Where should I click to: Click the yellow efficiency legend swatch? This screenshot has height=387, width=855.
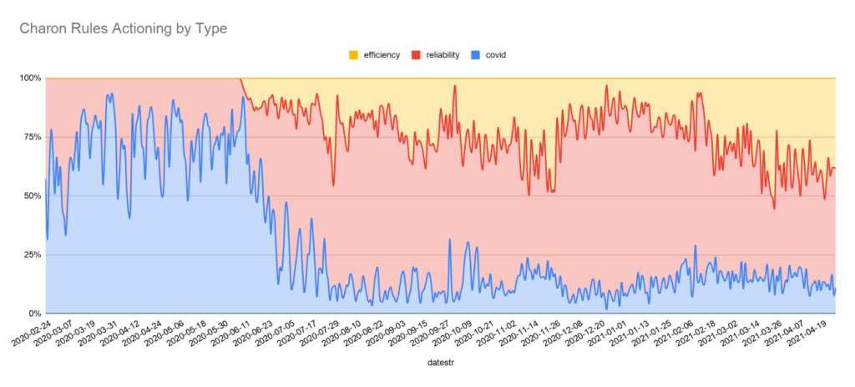pyautogui.click(x=354, y=55)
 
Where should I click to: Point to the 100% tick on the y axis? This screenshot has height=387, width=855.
pyautogui.click(x=30, y=78)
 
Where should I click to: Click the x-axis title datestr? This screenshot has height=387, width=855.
pyautogui.click(x=440, y=364)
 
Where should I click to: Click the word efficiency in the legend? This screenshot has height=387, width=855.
pyautogui.click(x=381, y=55)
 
